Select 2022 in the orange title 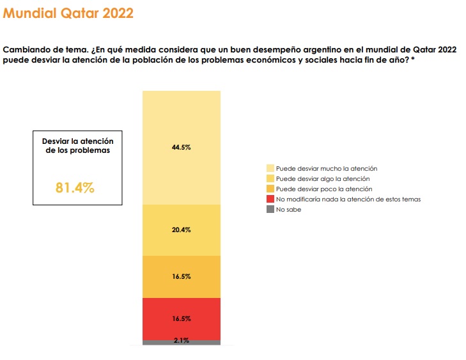(116, 13)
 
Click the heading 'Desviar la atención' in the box (77, 141)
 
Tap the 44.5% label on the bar (182, 147)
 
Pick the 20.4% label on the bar (182, 230)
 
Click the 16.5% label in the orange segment (182, 277)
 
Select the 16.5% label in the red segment (182, 318)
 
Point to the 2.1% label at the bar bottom (182, 341)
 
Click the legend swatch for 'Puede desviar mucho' (270, 168)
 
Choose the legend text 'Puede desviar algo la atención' (323, 178)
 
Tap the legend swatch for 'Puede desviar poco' (270, 189)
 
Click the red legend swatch (270, 199)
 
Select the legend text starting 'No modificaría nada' (348, 199)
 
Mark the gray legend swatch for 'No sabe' (270, 209)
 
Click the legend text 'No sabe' (288, 209)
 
